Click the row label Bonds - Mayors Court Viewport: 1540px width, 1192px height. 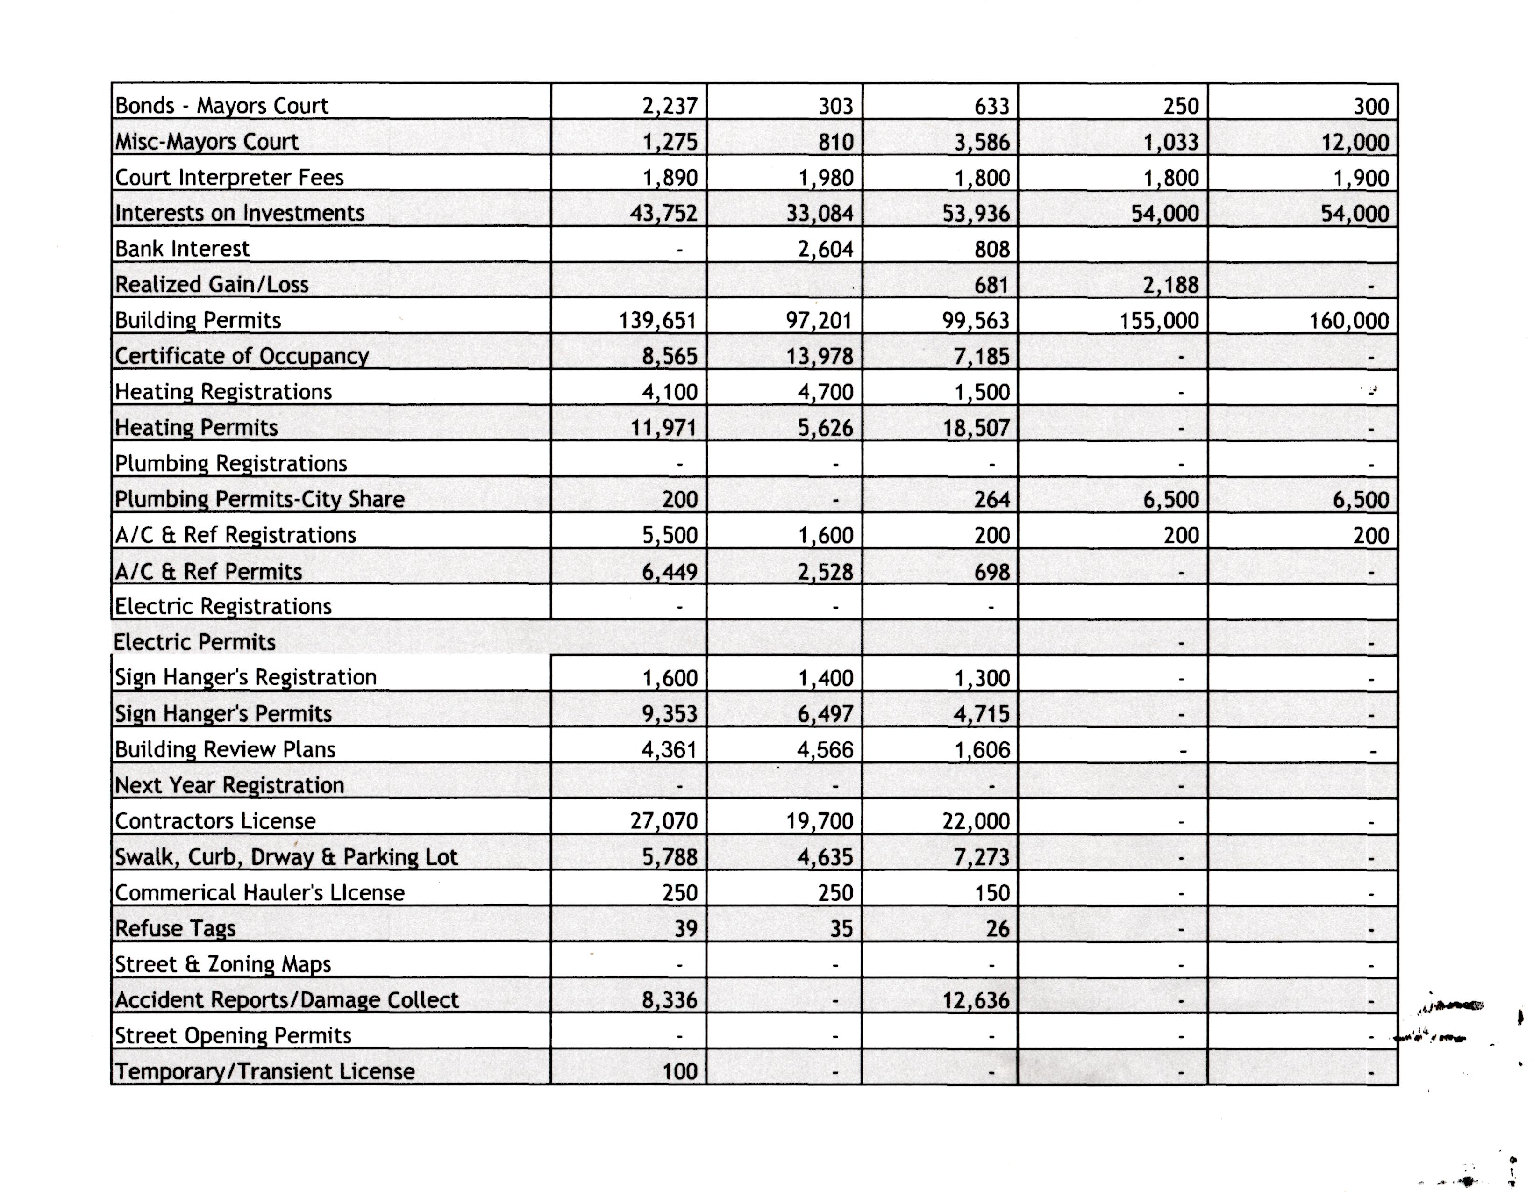click(221, 106)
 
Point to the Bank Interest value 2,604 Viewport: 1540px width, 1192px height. click(825, 249)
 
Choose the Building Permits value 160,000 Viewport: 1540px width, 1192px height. click(1348, 321)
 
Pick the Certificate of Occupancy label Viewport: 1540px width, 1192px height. click(242, 356)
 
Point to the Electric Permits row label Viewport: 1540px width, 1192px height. click(195, 642)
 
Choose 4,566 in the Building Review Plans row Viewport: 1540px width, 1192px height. click(825, 750)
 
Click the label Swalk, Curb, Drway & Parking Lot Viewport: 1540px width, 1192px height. click(286, 857)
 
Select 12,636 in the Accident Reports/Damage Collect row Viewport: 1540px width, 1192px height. click(976, 1000)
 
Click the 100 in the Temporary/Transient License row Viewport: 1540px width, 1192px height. click(680, 1072)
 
